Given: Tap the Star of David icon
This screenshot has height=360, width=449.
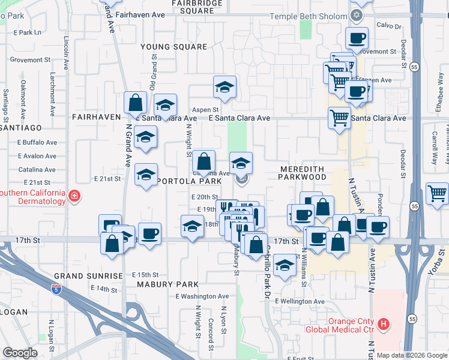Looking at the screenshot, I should click(x=358, y=14).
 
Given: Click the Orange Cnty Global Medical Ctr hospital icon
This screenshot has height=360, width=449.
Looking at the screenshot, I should click(x=384, y=325).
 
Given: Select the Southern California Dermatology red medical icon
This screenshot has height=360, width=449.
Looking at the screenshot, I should click(x=74, y=196).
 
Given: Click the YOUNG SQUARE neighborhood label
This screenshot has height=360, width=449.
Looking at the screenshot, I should click(x=173, y=46).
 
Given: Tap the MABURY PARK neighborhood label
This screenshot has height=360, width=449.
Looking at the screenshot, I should click(x=166, y=284).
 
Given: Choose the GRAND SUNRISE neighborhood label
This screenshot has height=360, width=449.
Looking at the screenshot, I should click(x=88, y=275).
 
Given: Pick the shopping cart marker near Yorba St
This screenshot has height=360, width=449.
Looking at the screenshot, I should click(x=436, y=194).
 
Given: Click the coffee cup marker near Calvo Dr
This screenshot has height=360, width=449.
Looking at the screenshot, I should click(x=357, y=39).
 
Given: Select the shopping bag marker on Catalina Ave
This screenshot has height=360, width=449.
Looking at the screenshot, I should click(x=203, y=161).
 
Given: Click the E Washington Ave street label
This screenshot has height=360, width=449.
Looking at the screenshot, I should click(x=202, y=296).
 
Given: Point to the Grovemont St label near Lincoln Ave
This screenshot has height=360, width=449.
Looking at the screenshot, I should click(x=30, y=60).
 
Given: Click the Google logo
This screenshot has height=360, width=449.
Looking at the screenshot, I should click(x=20, y=353).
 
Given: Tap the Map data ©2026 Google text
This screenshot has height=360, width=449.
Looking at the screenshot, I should click(x=412, y=355).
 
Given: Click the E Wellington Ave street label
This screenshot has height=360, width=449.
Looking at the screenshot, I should click(x=300, y=301).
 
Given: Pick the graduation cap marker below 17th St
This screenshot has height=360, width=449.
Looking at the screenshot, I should click(x=285, y=265).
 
